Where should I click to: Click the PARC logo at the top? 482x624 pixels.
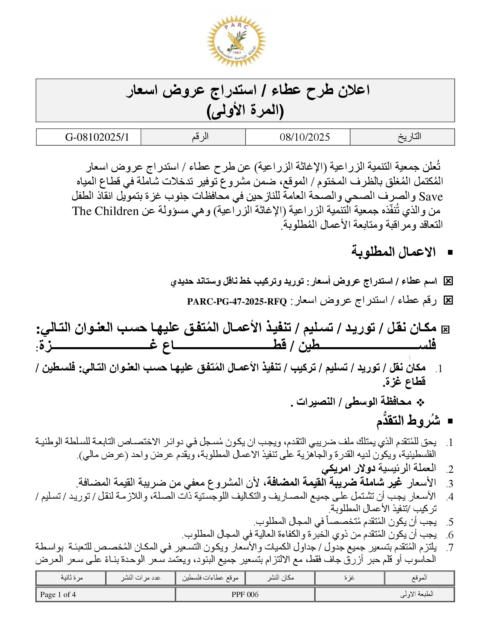(x=236, y=41)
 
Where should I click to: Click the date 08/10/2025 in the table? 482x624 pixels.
(x=305, y=137)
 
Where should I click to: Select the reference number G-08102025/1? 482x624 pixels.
(x=97, y=137)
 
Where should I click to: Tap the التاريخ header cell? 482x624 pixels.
(x=409, y=137)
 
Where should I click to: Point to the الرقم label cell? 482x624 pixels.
(x=200, y=137)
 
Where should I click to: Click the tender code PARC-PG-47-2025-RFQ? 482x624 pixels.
(x=237, y=302)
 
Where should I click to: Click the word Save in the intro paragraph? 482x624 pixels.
(x=431, y=197)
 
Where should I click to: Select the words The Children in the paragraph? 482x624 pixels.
(x=105, y=211)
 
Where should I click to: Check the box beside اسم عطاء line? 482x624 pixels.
(x=448, y=281)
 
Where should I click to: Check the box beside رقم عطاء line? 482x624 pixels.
(x=448, y=301)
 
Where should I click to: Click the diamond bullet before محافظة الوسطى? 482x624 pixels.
(x=420, y=402)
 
